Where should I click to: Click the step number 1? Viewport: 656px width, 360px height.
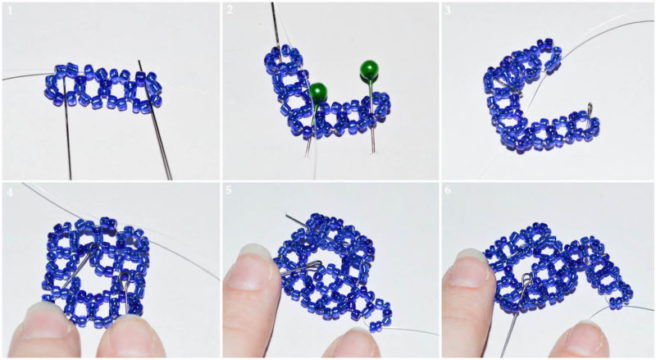(10, 11)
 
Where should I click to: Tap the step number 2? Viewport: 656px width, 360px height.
(230, 10)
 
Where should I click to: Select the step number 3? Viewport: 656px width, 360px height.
(448, 10)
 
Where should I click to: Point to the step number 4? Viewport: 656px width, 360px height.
(10, 192)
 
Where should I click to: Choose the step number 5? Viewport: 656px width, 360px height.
(229, 190)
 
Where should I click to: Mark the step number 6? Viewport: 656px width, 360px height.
(448, 190)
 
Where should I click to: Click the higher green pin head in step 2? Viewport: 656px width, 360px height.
(370, 70)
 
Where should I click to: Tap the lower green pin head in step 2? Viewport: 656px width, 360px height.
(318, 92)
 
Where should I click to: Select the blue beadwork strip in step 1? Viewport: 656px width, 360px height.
(103, 89)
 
